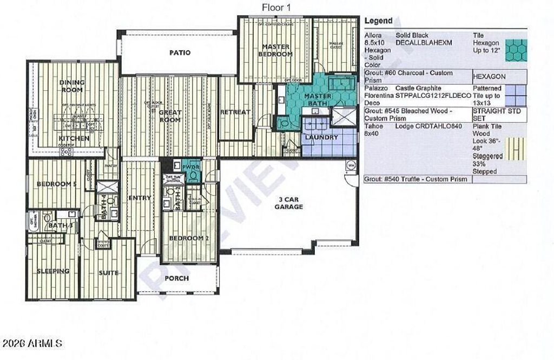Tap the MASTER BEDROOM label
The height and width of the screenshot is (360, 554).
click(x=276, y=50)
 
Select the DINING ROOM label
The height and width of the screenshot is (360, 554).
click(x=72, y=86)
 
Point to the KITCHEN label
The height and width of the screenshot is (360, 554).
click(x=74, y=138)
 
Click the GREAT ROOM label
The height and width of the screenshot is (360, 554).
click(x=170, y=116)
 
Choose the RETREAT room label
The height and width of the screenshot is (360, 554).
click(x=235, y=112)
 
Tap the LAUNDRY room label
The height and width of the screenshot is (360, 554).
click(x=321, y=137)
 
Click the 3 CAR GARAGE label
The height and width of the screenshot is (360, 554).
click(x=288, y=203)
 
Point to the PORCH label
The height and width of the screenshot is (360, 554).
click(x=176, y=278)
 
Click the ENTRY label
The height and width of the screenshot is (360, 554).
click(x=140, y=198)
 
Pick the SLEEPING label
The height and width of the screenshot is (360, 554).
click(x=53, y=271)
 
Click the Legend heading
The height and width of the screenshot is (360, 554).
click(x=378, y=21)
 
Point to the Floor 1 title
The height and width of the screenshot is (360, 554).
click(x=276, y=7)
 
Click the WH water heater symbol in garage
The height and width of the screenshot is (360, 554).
click(x=351, y=165)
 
